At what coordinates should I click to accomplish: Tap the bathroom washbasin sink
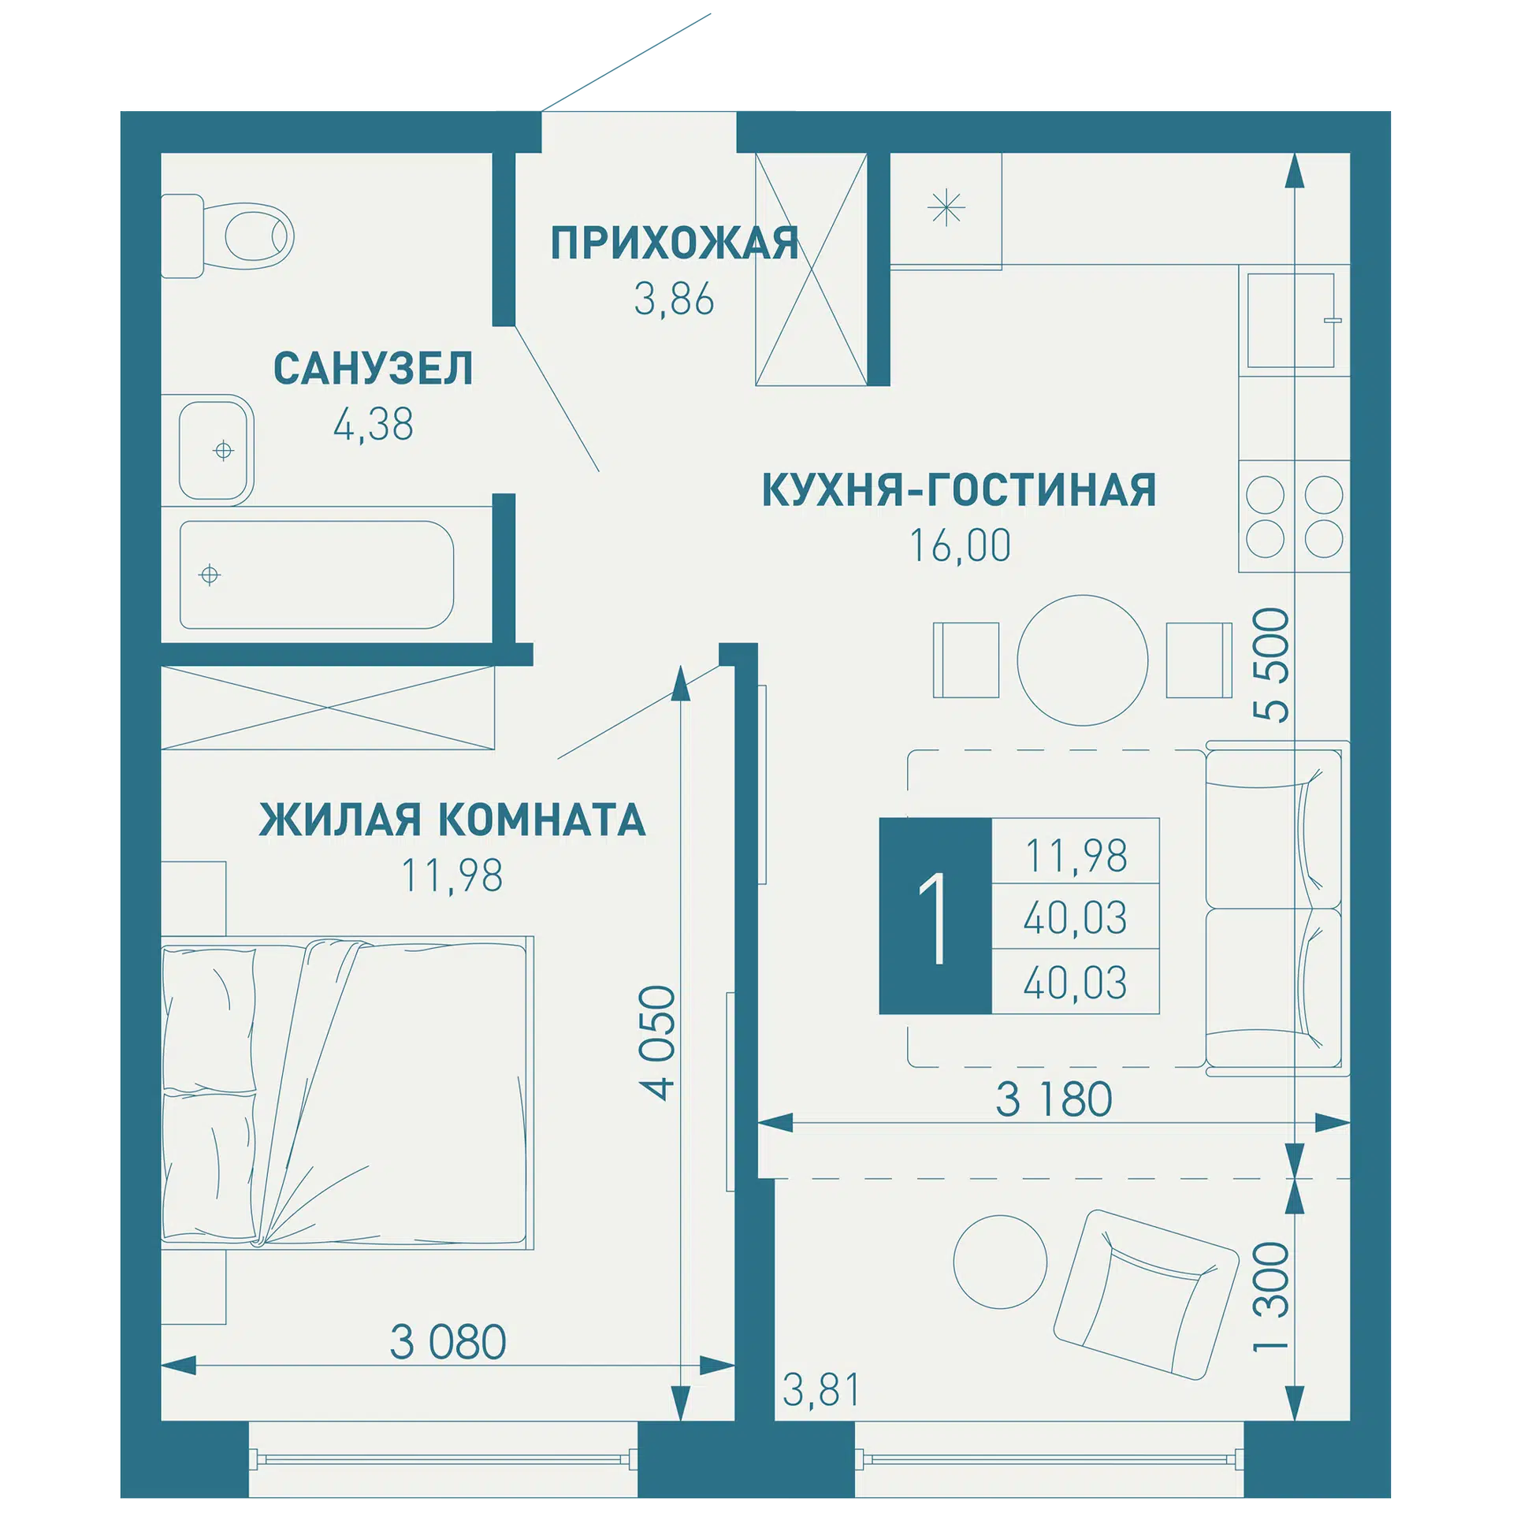[x=214, y=450]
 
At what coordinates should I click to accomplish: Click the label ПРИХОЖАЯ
[x=675, y=243]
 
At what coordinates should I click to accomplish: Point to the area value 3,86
[x=675, y=299]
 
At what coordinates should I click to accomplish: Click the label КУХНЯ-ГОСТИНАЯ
[x=959, y=489]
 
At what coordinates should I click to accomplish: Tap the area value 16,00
[x=960, y=545]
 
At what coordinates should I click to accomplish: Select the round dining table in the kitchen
[x=1083, y=660]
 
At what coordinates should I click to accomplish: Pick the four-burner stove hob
[x=1294, y=516]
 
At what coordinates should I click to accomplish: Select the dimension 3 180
[x=1054, y=1099]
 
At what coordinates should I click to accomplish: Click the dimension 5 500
[x=1271, y=664]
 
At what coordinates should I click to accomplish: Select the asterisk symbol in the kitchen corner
[x=946, y=209]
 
